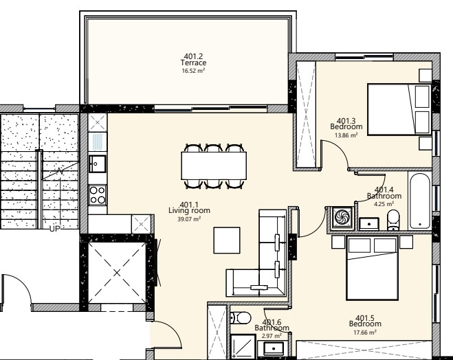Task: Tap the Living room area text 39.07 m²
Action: [189, 219]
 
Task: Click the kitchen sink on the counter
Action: [97, 165]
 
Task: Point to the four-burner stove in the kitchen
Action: [98, 195]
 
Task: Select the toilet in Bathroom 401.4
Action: [394, 220]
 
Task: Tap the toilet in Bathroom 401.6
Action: [239, 318]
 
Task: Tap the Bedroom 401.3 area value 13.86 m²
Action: [346, 135]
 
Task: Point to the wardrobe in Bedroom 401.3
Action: [306, 113]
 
